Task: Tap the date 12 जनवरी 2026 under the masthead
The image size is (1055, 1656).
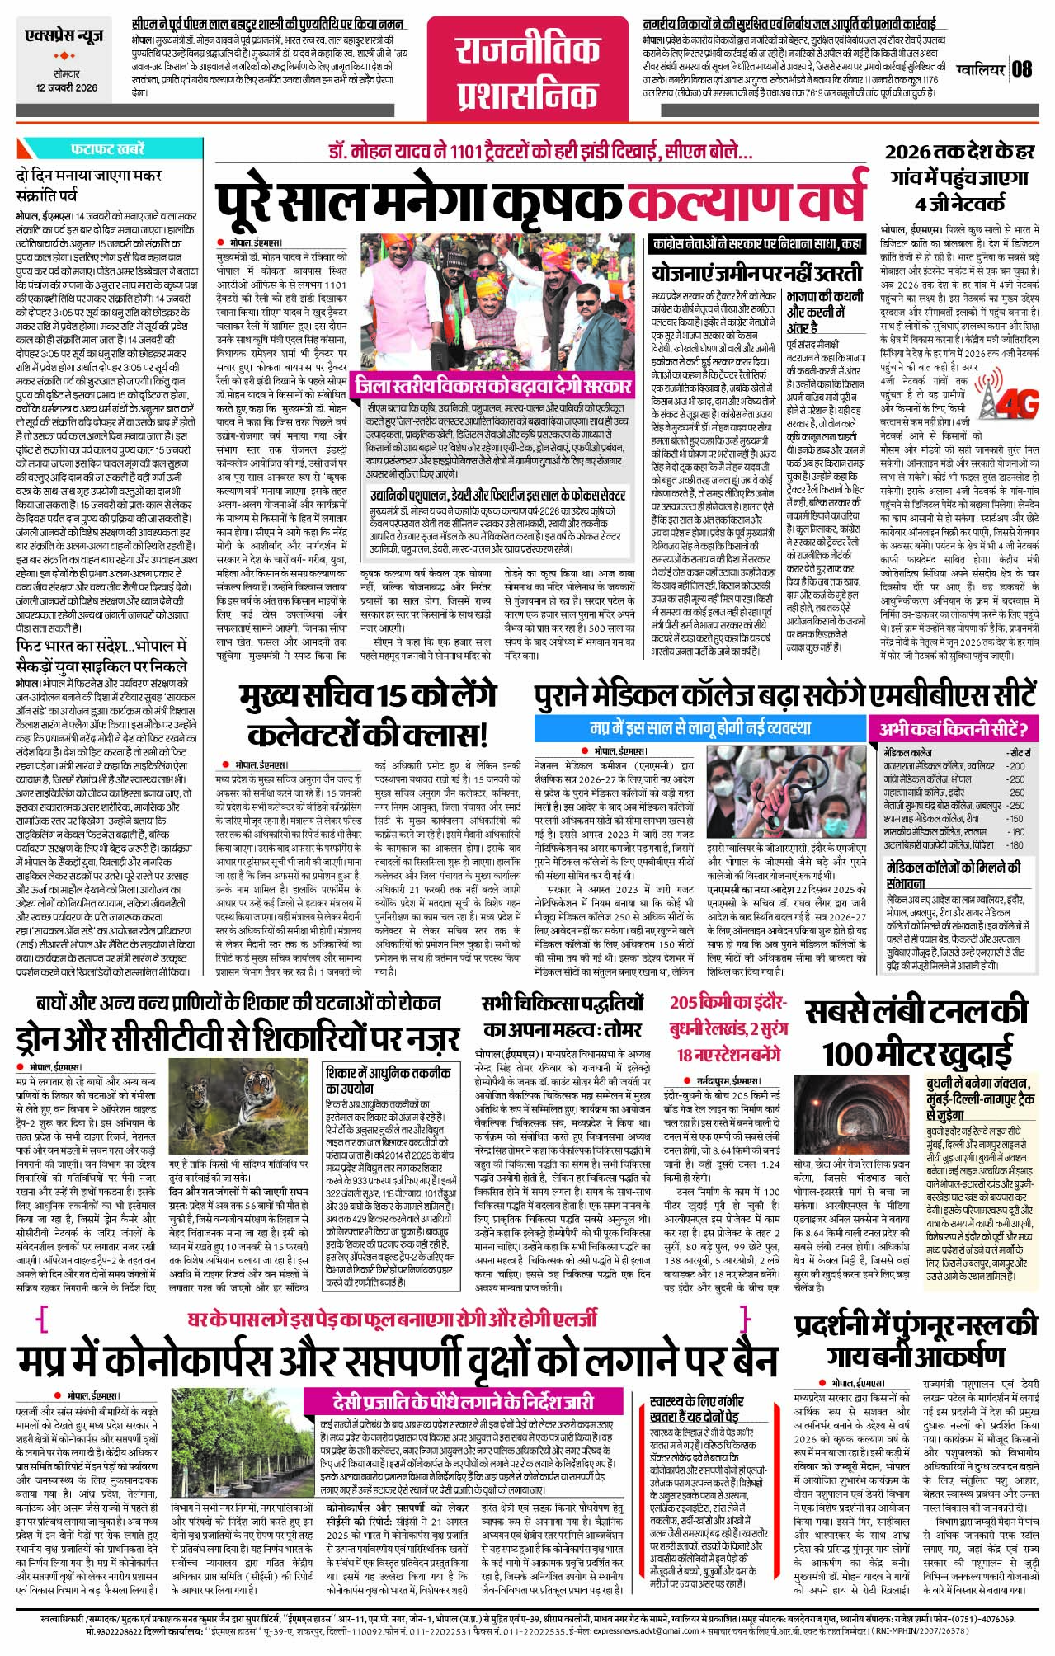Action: point(66,88)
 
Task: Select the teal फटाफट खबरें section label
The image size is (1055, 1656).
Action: point(107,149)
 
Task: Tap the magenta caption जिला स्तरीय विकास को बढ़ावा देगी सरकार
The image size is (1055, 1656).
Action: point(493,385)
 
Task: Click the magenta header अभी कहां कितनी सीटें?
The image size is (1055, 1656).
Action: point(953,729)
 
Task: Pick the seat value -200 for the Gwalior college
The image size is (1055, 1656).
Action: point(1016,766)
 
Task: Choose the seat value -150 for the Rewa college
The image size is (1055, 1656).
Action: point(1016,819)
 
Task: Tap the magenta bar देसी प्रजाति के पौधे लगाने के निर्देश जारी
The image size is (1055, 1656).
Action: point(464,1401)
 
